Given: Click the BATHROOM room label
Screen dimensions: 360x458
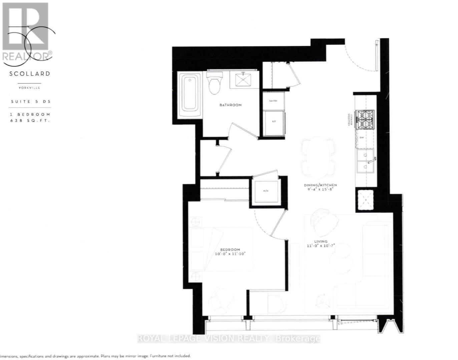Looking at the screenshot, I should [230, 105].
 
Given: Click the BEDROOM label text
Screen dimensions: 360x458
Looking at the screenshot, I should [230, 250].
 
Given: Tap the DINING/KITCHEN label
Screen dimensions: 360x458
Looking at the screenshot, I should [320, 185].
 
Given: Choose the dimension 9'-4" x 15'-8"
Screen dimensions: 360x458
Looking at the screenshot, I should [320, 189].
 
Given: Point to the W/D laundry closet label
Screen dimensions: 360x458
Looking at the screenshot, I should [266, 191].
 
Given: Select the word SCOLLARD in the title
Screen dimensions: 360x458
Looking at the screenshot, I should [30, 74].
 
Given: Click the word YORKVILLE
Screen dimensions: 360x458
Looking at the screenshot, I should [29, 88].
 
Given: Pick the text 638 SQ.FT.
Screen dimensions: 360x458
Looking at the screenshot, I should [30, 121].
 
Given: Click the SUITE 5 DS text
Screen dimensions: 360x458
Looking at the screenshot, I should [31, 101].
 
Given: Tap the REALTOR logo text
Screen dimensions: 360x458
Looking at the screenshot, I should [27, 55].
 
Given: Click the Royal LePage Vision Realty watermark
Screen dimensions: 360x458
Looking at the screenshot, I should [229, 339].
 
